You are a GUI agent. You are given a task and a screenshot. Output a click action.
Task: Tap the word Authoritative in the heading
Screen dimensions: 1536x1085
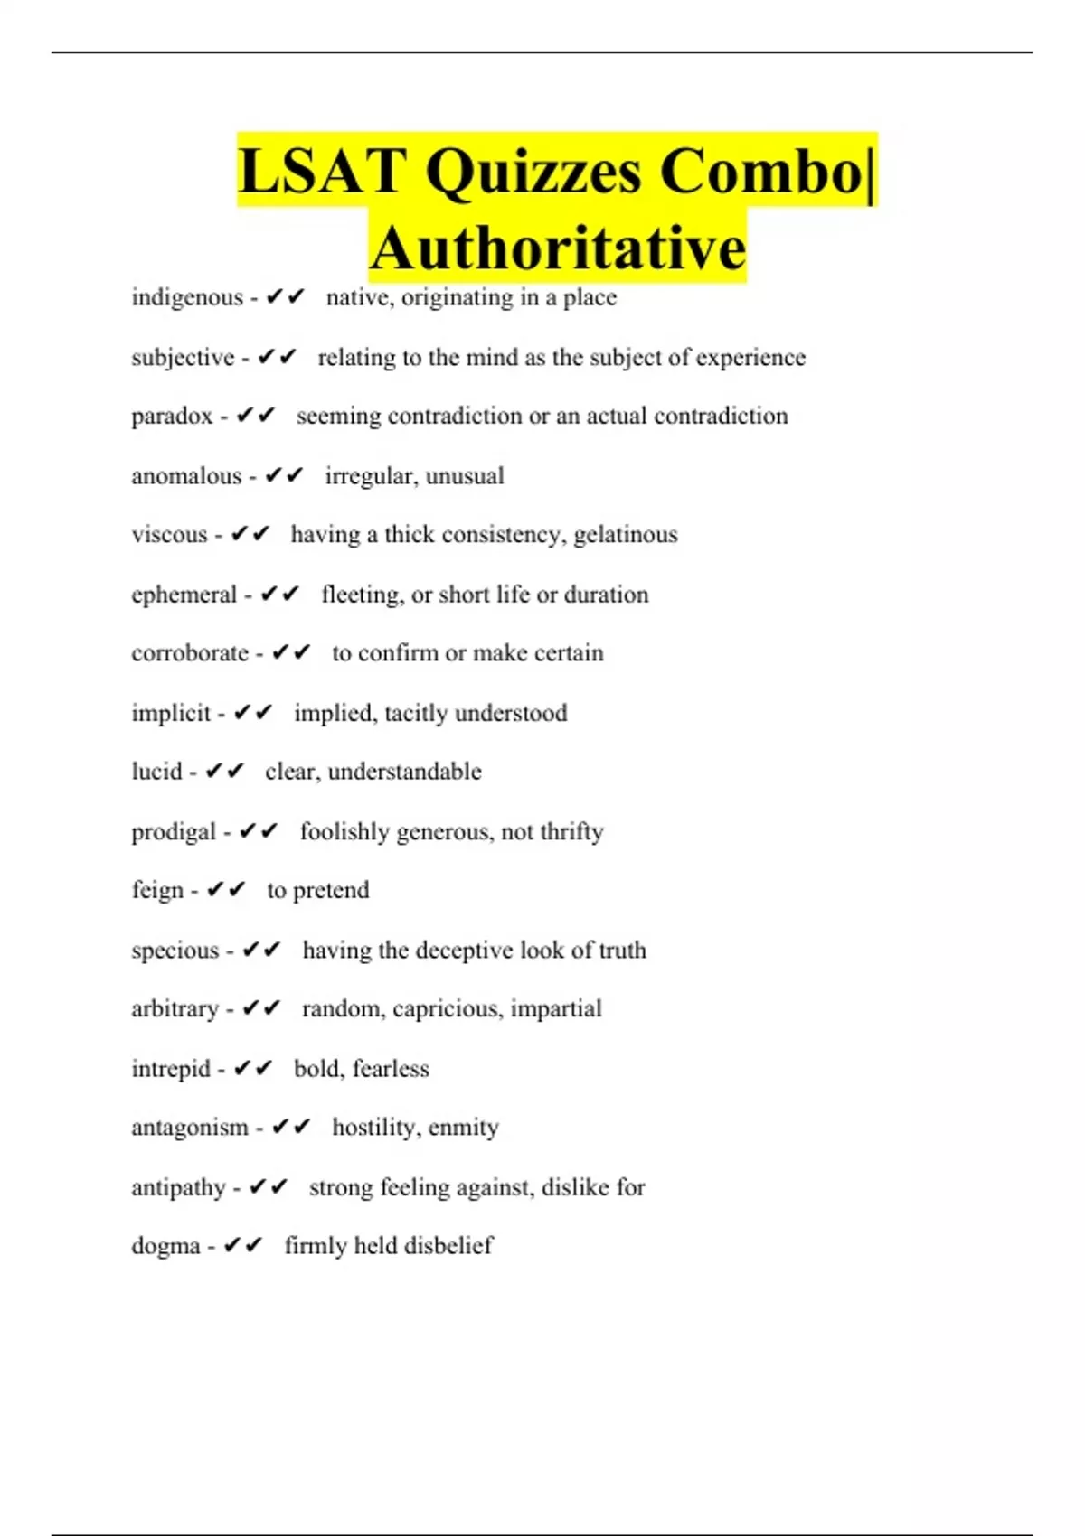[x=558, y=248]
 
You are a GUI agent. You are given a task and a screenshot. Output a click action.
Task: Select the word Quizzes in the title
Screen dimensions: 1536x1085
[x=533, y=171]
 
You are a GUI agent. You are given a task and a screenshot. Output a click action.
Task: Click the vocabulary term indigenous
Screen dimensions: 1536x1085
[x=187, y=297]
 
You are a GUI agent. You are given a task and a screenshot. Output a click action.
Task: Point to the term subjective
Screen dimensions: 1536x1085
[x=183, y=358]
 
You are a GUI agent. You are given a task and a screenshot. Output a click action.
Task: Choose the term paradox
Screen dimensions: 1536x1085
[x=172, y=417]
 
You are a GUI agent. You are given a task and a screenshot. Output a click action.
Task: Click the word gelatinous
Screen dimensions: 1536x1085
[x=626, y=535]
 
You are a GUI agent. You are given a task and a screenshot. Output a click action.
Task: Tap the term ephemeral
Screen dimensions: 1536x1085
[x=184, y=595]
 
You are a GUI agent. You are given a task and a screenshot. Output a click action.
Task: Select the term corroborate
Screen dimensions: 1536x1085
[x=190, y=653]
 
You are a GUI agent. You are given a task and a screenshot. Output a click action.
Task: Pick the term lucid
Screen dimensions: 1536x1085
[x=156, y=772]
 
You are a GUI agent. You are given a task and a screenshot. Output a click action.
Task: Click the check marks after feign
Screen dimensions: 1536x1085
[x=226, y=890]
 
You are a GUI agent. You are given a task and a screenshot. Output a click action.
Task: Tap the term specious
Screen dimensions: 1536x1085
[x=175, y=951]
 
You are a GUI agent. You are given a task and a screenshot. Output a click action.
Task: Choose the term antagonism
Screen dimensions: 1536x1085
[x=190, y=1128]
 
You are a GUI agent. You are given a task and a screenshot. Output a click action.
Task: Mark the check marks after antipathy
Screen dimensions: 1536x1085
[x=269, y=1187]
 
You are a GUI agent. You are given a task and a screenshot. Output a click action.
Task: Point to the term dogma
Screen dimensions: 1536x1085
[x=165, y=1246]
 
